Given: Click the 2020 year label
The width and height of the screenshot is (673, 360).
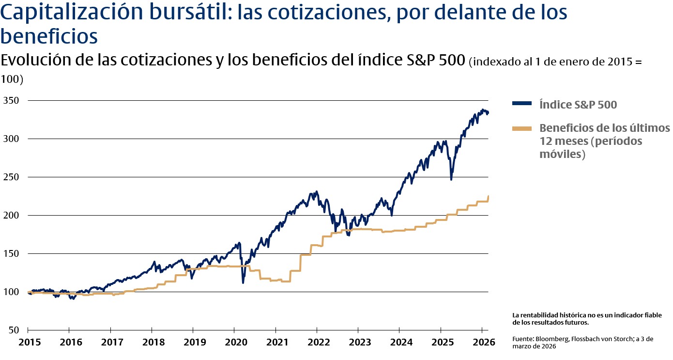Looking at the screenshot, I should pos(234,343).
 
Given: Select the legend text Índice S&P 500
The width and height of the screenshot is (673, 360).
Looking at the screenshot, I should pos(578,104).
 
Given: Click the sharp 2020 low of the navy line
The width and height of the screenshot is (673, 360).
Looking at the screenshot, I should pos(243,282).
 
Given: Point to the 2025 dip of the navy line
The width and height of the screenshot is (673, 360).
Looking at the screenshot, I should pos(451,179).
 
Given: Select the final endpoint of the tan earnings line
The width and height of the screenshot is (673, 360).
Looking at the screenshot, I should pos(488,196).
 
